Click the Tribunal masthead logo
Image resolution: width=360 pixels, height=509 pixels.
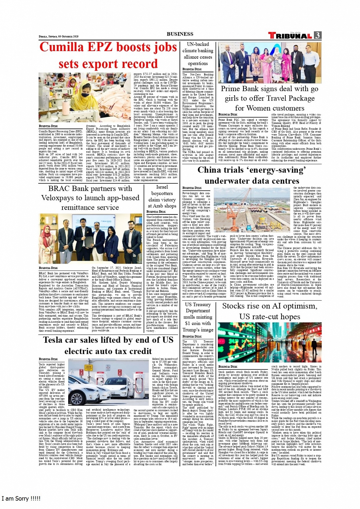tap(290, 35)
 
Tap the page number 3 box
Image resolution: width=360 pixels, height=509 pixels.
tap(317, 35)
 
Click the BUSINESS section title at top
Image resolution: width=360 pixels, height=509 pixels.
tap(180, 34)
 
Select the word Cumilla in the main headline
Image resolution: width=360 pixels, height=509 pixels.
tap(62, 47)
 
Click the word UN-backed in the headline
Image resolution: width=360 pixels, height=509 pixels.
tap(198, 44)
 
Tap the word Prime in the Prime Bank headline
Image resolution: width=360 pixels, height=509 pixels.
tap(230, 89)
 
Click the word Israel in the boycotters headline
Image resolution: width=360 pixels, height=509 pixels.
tap(162, 187)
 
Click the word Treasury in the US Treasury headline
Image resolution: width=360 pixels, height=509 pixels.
tap(202, 304)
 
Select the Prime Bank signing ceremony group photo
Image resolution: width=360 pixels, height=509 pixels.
tap(269, 63)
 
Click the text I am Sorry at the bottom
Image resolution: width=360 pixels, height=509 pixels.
tap(21, 498)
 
